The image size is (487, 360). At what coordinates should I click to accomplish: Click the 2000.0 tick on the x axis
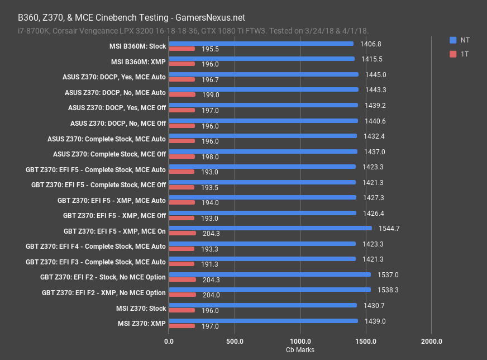(x=431, y=341)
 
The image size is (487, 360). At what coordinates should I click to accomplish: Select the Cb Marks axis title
(x=300, y=350)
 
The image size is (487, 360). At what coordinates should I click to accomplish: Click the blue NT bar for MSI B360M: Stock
(x=261, y=44)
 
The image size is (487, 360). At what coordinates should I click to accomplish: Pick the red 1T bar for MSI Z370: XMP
(x=182, y=326)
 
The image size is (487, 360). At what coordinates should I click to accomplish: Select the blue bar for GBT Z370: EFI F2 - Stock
(x=269, y=274)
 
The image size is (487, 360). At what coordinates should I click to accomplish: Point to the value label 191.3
(x=210, y=264)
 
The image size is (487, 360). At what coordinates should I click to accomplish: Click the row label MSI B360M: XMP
(x=139, y=62)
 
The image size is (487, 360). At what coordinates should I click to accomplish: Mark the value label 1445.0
(x=376, y=74)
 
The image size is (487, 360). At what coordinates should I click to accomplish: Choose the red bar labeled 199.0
(x=182, y=94)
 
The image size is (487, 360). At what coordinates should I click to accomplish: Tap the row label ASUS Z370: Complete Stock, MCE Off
(x=109, y=154)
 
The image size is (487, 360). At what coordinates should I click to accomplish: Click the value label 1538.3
(x=389, y=290)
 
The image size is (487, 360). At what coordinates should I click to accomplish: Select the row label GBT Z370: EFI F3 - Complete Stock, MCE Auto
(x=96, y=262)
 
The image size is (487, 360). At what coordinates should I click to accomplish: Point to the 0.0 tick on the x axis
(x=169, y=341)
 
